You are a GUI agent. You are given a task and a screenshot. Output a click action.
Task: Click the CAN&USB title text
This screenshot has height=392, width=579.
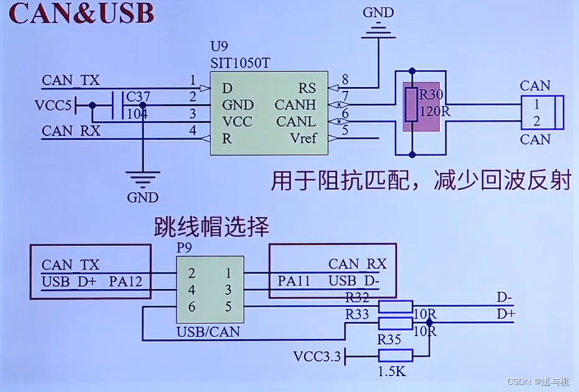point(81,14)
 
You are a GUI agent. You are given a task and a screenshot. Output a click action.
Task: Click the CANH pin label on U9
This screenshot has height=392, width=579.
point(296,105)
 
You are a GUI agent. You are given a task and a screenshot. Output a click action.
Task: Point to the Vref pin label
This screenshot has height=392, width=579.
point(303,138)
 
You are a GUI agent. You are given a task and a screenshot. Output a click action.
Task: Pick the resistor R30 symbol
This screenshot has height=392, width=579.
point(410,105)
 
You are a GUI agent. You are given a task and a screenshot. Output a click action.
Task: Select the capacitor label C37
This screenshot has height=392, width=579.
point(137,97)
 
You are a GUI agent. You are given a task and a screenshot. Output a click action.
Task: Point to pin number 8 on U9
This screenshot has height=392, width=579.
point(344,79)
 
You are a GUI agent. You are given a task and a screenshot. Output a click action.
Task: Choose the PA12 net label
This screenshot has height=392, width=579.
point(126,282)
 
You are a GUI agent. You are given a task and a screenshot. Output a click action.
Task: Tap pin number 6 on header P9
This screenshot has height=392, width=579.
point(192,307)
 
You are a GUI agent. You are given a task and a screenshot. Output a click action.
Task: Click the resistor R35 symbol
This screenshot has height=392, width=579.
point(396,355)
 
